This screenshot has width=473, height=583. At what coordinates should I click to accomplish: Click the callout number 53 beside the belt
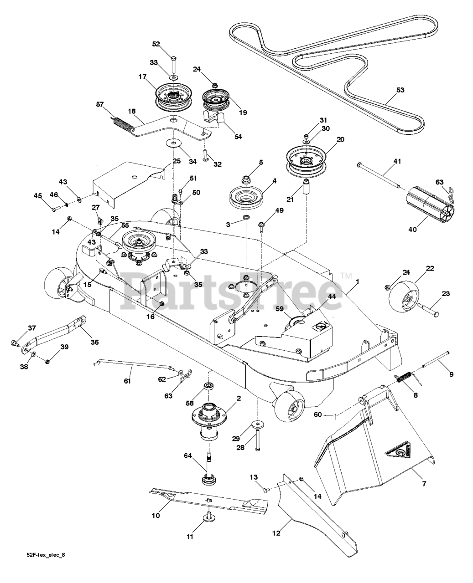[x=400, y=90]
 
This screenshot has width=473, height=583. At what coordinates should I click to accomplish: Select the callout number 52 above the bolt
[x=156, y=44]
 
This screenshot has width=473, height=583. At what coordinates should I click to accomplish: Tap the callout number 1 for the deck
[x=358, y=282]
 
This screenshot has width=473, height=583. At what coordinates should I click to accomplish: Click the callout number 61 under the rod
[x=127, y=380]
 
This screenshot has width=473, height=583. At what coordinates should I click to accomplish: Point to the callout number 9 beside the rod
[x=451, y=374]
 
